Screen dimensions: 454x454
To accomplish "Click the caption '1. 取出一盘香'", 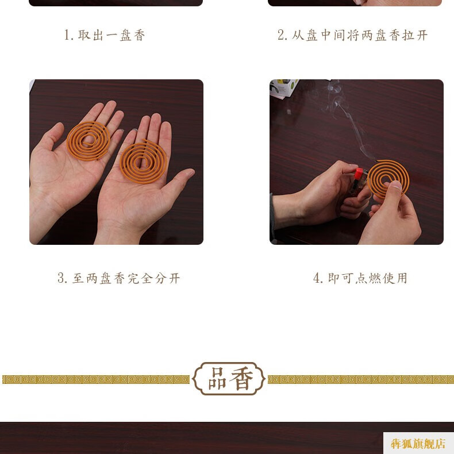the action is (104, 35).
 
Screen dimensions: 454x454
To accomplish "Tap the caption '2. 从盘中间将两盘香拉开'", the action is (352, 35).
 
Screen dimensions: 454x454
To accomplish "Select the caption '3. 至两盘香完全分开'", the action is (119, 278).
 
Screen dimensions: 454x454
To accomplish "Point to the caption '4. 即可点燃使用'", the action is (360, 278).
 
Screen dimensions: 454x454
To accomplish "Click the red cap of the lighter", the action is (359, 174).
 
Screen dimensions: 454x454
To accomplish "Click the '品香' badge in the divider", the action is (229, 379).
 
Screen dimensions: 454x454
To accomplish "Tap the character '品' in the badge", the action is (217, 379).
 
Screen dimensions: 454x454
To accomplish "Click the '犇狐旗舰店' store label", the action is (418, 443).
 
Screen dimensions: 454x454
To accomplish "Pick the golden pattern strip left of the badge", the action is (95, 379).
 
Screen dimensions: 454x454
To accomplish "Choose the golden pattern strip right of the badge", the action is (361, 379).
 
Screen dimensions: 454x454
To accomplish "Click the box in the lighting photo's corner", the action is (283, 87).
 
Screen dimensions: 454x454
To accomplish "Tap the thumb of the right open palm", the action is (179, 180).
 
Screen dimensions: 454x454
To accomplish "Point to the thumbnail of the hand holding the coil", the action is (396, 185).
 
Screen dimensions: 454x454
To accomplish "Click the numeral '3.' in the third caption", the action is (62, 278).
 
